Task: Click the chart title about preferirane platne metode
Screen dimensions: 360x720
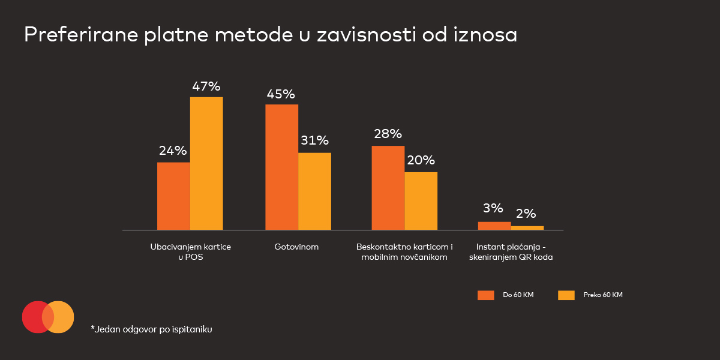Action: [270, 35]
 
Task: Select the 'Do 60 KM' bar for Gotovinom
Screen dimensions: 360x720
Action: [282, 167]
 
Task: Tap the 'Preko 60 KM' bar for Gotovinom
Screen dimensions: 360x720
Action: [314, 191]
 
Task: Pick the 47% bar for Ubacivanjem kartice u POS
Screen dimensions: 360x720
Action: [206, 163]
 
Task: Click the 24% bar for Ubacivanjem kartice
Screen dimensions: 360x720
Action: [173, 196]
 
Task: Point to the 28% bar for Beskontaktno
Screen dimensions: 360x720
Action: [388, 188]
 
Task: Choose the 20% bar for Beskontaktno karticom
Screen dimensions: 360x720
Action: [421, 201]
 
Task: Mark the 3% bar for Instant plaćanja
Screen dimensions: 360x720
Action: [494, 226]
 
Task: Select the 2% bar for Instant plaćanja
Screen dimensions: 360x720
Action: [527, 228]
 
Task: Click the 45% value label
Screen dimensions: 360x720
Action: [281, 94]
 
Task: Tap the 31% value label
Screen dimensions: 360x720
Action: [314, 140]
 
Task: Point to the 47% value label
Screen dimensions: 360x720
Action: [206, 86]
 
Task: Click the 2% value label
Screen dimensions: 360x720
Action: [526, 214]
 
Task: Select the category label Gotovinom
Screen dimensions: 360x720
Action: [296, 247]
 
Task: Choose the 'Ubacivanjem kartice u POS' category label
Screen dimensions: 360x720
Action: [190, 251]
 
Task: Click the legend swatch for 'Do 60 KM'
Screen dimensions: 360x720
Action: [485, 295]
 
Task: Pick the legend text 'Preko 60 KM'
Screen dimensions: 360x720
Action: [603, 295]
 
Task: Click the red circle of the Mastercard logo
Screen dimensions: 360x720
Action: [35, 317]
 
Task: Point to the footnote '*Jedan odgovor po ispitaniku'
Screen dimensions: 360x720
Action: [152, 329]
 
